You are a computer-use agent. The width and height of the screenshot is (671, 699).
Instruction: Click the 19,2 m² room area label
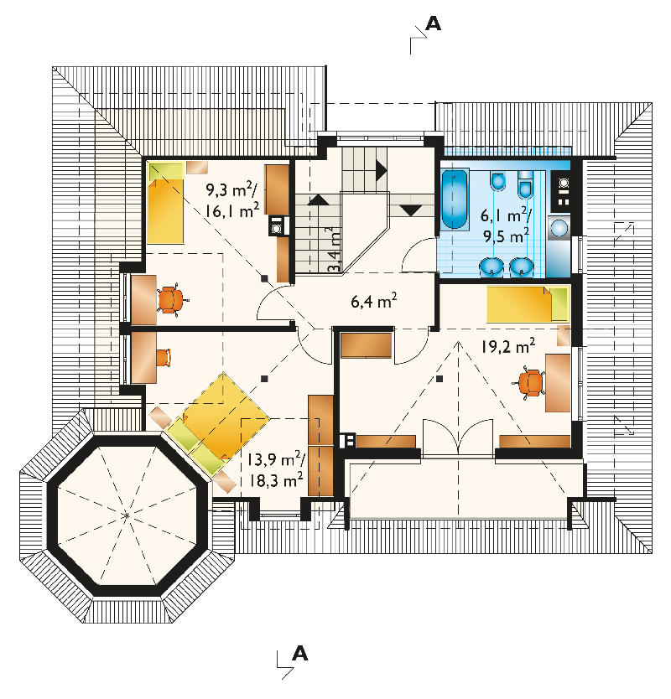(508, 346)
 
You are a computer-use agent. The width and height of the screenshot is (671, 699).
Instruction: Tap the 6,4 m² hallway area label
(374, 301)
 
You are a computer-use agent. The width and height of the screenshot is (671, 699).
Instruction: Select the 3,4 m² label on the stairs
(334, 249)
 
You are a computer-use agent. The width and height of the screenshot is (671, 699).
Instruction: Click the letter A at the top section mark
(433, 23)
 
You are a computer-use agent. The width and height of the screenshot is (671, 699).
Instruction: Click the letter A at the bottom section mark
(300, 654)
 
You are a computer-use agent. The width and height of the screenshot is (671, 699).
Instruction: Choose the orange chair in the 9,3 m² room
(171, 299)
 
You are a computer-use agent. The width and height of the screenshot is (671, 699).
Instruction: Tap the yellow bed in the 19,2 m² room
(528, 304)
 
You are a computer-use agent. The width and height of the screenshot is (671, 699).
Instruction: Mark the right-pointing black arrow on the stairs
(382, 170)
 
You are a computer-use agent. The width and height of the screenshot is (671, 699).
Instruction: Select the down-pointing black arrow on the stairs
(410, 210)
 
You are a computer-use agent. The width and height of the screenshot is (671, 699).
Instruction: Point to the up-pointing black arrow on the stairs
(319, 199)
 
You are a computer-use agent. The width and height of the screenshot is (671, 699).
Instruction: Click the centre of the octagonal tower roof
(127, 515)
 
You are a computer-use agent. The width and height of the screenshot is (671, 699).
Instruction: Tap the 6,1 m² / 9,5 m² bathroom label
(507, 225)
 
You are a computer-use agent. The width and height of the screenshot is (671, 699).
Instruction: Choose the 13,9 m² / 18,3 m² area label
(276, 470)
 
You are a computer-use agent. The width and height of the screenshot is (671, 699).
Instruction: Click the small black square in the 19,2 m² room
(440, 379)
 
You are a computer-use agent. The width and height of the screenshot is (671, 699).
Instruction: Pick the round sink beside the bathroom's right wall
(559, 228)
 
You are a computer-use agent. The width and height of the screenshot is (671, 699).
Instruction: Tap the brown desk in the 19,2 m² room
(558, 382)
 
